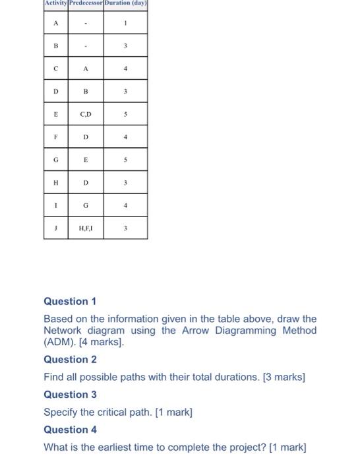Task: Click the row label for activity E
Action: pyautogui.click(x=56, y=114)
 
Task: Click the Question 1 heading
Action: pyautogui.click(x=70, y=301)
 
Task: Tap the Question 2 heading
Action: pyautogui.click(x=70, y=360)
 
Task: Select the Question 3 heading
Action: pyautogui.click(x=70, y=395)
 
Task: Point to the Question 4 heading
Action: pyautogui.click(x=70, y=430)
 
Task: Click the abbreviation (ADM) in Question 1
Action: pyautogui.click(x=61, y=343)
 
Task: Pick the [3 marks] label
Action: pyautogui.click(x=283, y=377)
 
